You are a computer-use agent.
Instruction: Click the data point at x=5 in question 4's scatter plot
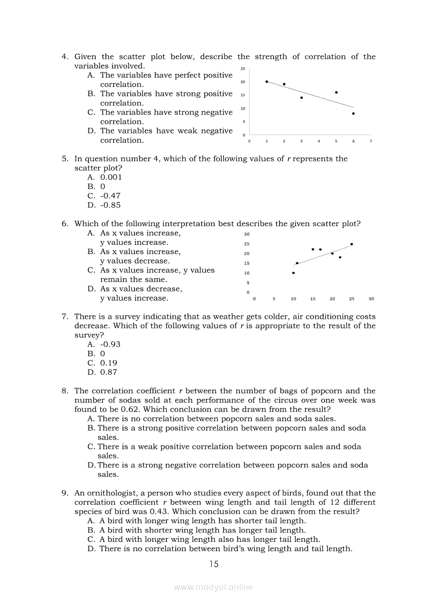(x=337, y=93)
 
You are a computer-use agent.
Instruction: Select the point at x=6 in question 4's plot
(x=354, y=113)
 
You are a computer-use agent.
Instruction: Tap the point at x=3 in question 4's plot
(x=301, y=98)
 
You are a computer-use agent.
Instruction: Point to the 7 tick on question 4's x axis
(x=371, y=141)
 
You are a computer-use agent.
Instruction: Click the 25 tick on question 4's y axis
(x=243, y=69)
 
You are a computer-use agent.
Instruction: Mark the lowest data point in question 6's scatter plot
(x=294, y=273)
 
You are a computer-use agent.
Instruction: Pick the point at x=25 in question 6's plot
(x=352, y=244)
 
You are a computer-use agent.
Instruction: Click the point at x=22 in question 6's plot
(x=340, y=257)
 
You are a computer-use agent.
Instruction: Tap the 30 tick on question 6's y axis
(x=247, y=234)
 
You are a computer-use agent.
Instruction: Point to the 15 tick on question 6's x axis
(x=313, y=299)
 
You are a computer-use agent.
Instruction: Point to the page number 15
(x=213, y=564)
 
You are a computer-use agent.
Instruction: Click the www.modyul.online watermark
(x=213, y=587)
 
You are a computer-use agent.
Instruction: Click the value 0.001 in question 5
(x=111, y=177)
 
